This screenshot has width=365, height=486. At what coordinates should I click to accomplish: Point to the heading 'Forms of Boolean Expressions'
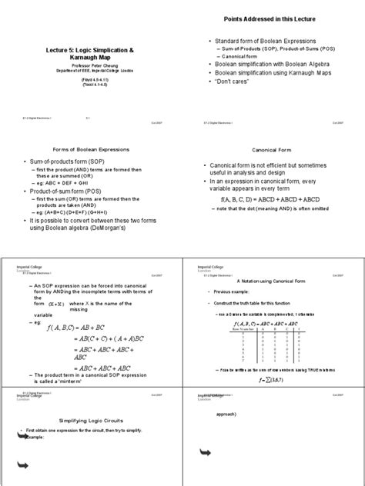90,148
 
